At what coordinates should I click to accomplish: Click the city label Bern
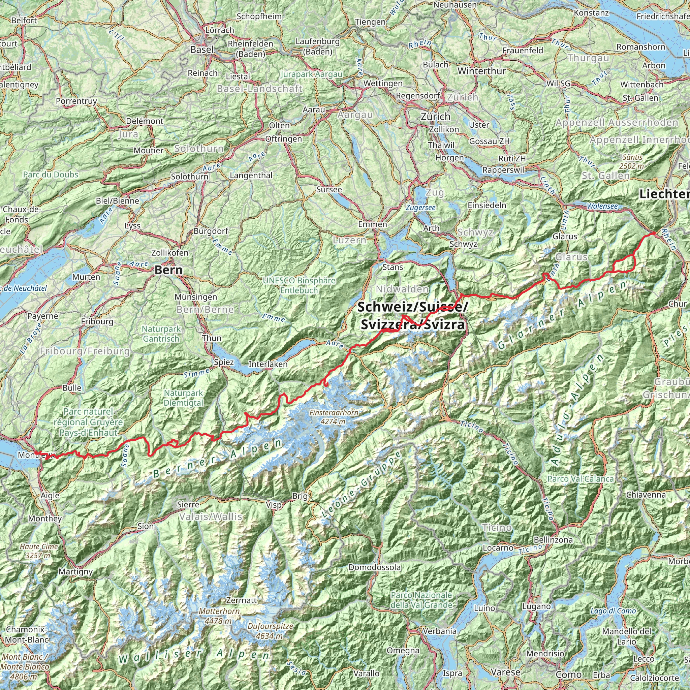click(x=168, y=270)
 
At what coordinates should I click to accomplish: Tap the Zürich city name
click(x=435, y=117)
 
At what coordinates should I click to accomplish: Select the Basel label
click(x=202, y=50)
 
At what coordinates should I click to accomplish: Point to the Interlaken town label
click(x=268, y=364)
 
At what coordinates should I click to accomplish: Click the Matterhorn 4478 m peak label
click(x=219, y=616)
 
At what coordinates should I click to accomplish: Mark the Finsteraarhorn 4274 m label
click(x=334, y=417)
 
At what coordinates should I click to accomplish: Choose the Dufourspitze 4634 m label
click(x=270, y=631)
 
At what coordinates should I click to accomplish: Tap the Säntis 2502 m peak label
click(x=632, y=161)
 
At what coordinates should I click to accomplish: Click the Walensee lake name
click(x=602, y=207)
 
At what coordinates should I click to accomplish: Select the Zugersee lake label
click(x=420, y=208)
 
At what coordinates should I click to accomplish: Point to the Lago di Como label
click(x=613, y=611)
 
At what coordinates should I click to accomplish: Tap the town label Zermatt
click(x=242, y=600)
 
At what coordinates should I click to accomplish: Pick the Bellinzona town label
click(x=553, y=540)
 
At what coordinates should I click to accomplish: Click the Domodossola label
click(x=375, y=567)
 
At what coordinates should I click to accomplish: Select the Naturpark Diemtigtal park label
click(x=183, y=398)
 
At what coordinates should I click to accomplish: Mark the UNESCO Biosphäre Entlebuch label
click(x=299, y=285)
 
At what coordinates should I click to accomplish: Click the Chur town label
click(x=677, y=304)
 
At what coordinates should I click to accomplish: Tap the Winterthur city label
click(x=482, y=71)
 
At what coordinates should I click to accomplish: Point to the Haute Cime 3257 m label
click(x=39, y=551)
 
